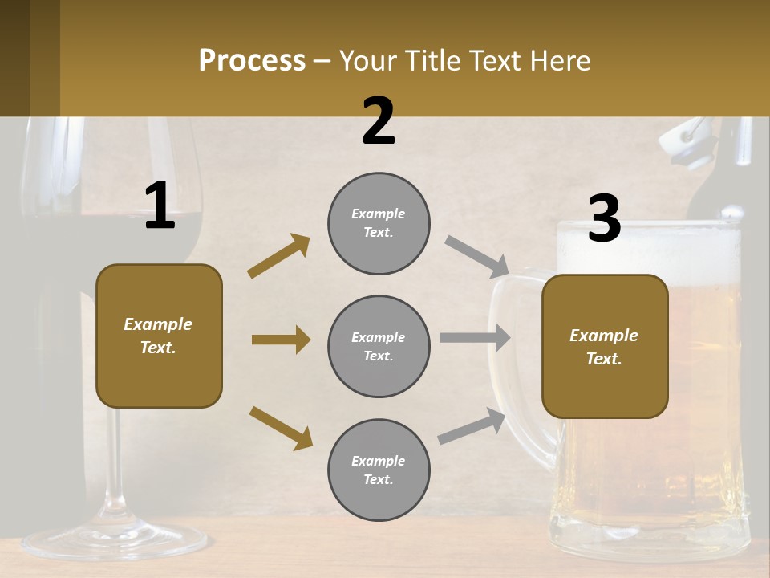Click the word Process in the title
tap(252, 61)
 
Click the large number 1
tap(160, 206)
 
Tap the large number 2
tap(379, 121)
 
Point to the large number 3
tap(604, 218)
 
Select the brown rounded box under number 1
tap(159, 336)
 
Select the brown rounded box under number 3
tap(605, 346)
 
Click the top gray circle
tap(379, 223)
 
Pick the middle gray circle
tap(379, 346)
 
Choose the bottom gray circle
tap(379, 470)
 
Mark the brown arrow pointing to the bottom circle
tap(281, 427)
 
